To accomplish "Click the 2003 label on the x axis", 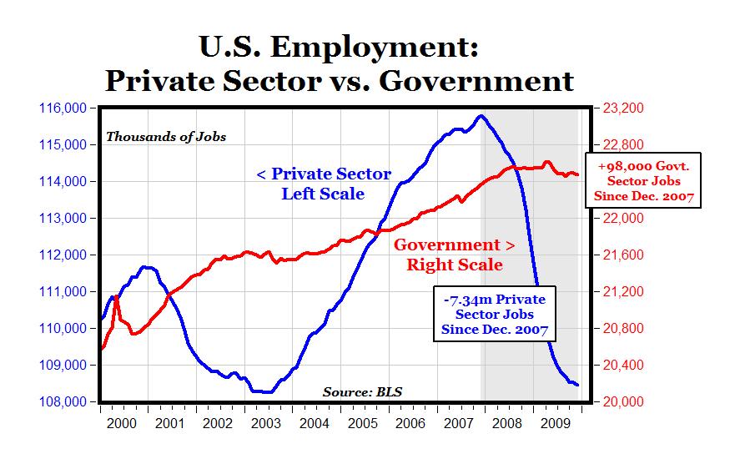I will tap(265, 423).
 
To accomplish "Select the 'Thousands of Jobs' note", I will tap(165, 137).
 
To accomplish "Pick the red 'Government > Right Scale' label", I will tap(454, 255).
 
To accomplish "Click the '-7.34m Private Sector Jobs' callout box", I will tap(494, 315).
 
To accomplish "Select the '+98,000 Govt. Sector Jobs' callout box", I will tap(643, 180).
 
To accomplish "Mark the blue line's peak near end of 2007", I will tap(480, 116).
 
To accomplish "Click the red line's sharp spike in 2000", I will tap(117, 296).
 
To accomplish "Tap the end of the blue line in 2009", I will tap(577, 385).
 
